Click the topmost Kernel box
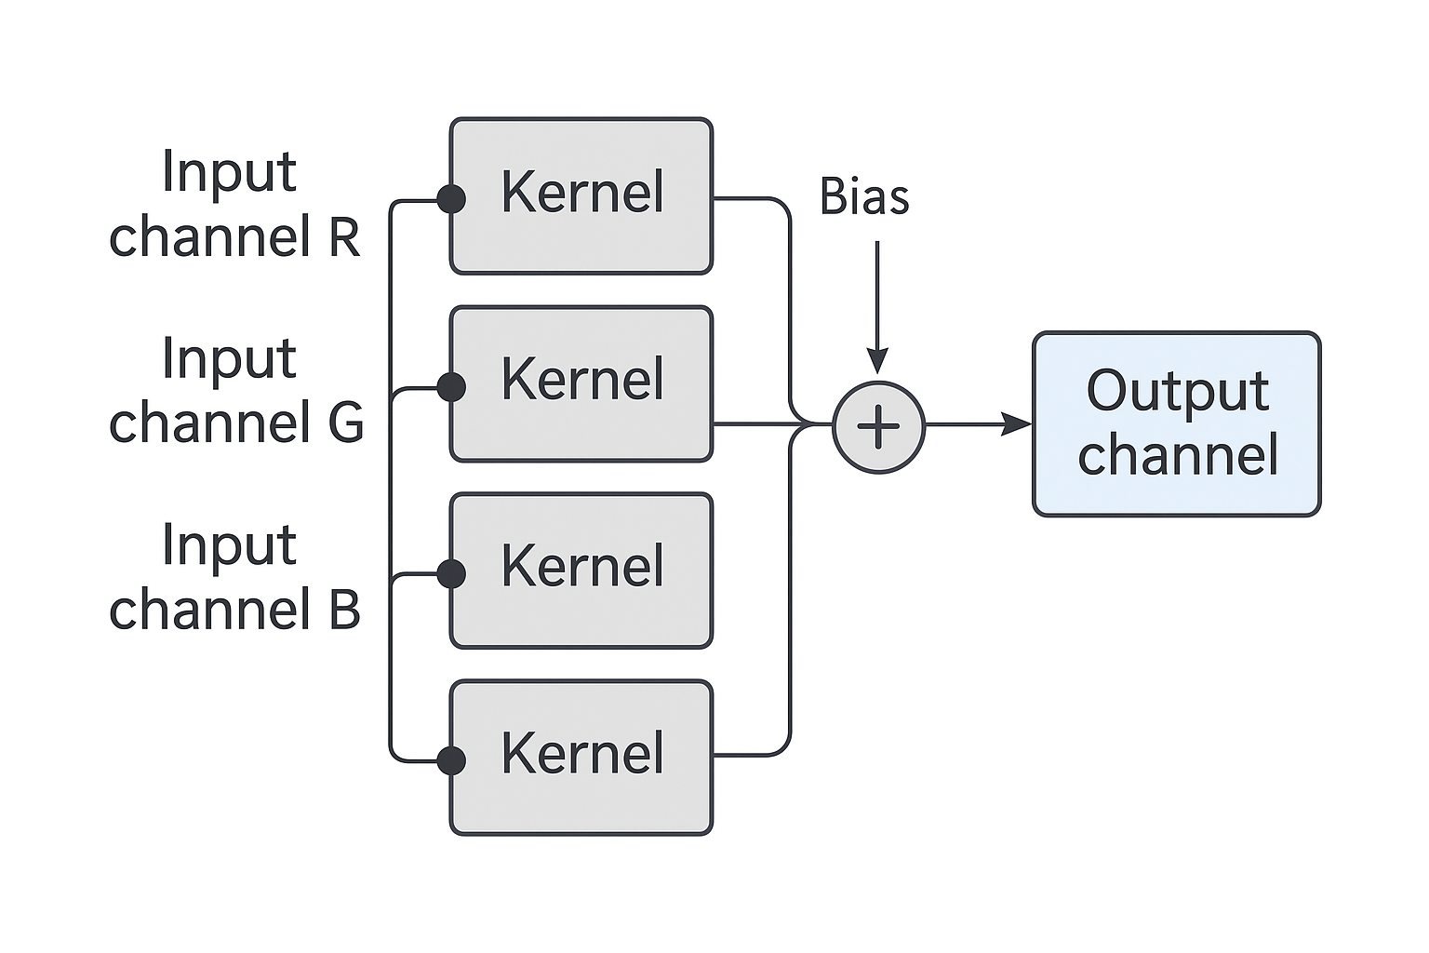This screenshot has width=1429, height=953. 581,196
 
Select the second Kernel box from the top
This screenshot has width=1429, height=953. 581,383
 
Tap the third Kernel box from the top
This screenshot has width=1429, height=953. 581,570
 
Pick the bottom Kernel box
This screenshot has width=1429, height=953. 581,758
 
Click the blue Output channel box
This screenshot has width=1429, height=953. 1177,423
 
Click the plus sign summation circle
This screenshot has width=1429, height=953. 878,427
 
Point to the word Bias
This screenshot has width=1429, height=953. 863,196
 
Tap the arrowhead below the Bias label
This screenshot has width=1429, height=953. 878,361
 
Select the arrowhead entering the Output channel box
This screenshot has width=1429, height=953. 1017,423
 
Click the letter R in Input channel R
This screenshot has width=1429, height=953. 344,236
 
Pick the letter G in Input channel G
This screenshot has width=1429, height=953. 345,422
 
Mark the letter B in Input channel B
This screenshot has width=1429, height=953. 344,609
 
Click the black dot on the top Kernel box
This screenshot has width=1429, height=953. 451,199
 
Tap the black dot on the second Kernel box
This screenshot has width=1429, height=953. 451,387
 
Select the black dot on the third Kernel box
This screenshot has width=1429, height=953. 451,574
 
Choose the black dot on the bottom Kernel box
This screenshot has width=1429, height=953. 451,761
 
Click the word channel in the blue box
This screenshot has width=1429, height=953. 1178,454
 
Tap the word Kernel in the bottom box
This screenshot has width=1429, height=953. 582,753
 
